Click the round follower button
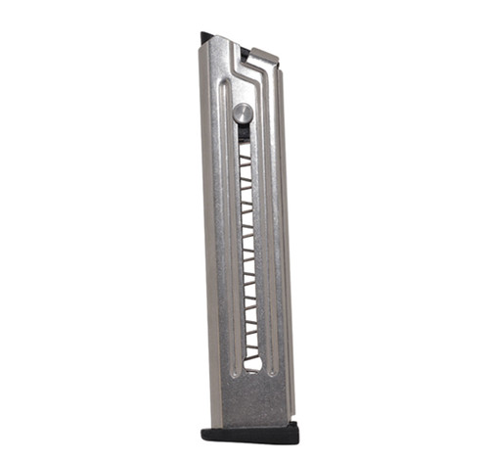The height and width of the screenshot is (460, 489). pyautogui.click(x=243, y=113)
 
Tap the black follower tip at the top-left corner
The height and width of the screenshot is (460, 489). pyautogui.click(x=206, y=38)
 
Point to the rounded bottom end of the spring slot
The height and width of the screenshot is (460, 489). pyautogui.click(x=252, y=366)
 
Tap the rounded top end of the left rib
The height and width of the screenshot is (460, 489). pyautogui.click(x=226, y=85)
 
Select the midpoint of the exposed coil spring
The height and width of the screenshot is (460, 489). pyautogui.click(x=248, y=250)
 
